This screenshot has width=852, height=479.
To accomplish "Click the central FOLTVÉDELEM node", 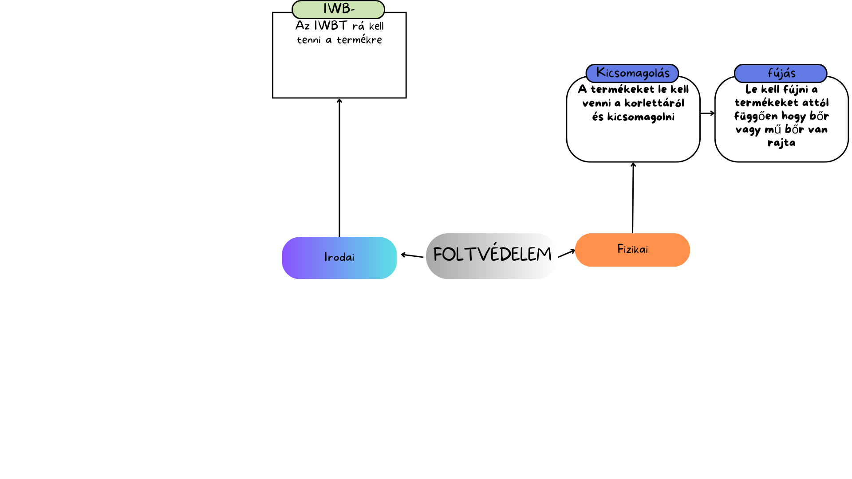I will pos(491,255).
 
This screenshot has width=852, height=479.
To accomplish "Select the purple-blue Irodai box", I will pos(339,258).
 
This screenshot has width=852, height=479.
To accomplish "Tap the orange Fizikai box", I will pos(632,250).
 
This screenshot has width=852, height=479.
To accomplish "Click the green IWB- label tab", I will pos(338,9).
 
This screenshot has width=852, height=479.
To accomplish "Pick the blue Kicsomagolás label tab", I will pos(632,73).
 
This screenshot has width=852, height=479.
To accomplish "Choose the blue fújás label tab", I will pos(781,73).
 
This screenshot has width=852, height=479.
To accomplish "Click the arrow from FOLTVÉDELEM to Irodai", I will pos(412,255).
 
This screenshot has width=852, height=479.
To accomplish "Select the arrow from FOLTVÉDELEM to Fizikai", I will pos(566,254).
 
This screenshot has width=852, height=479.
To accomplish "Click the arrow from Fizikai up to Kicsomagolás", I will pos(633,198).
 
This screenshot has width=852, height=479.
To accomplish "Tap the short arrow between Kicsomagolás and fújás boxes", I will pos(707,113).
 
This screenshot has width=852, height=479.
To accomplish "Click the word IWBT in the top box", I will pos(331,26).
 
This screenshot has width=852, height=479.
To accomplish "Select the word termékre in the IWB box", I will pos(359,40).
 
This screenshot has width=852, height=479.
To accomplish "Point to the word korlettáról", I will pos(654,103).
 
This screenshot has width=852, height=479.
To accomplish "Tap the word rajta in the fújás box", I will pos(781,143).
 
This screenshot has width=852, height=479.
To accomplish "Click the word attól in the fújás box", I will pos(816,103).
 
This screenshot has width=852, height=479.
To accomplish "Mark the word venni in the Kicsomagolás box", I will pos(596,103).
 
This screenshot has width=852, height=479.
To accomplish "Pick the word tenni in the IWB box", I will pos(308,40).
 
